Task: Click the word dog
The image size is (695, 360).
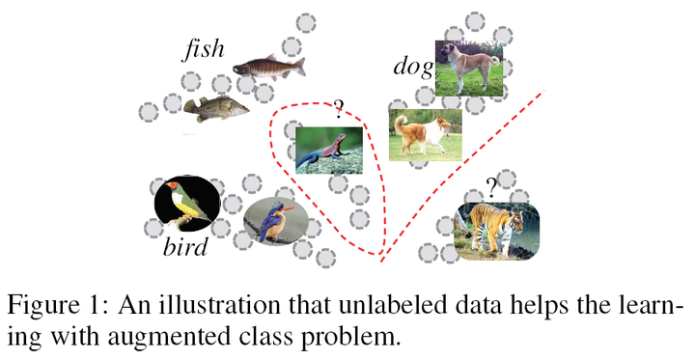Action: pos(412,67)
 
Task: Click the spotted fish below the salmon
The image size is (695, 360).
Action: pos(215,111)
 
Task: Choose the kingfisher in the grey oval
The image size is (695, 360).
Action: pos(275,220)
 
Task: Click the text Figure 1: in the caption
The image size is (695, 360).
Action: pos(58,308)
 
